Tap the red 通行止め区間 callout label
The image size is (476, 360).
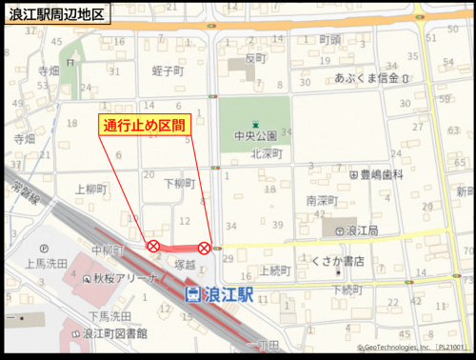pos(146,124)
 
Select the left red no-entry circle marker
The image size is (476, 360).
pos(152,247)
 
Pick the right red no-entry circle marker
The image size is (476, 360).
pos(204,248)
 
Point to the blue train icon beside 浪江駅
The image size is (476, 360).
pos(192,294)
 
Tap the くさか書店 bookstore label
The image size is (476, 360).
pos(339,261)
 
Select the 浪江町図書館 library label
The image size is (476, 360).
pos(114,333)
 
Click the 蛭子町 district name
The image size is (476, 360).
pos(167,71)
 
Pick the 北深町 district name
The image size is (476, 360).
pos(268,152)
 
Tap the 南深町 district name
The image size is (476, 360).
pos(323,201)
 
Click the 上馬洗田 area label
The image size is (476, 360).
pos(46,264)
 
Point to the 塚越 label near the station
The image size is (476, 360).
pos(185,264)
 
